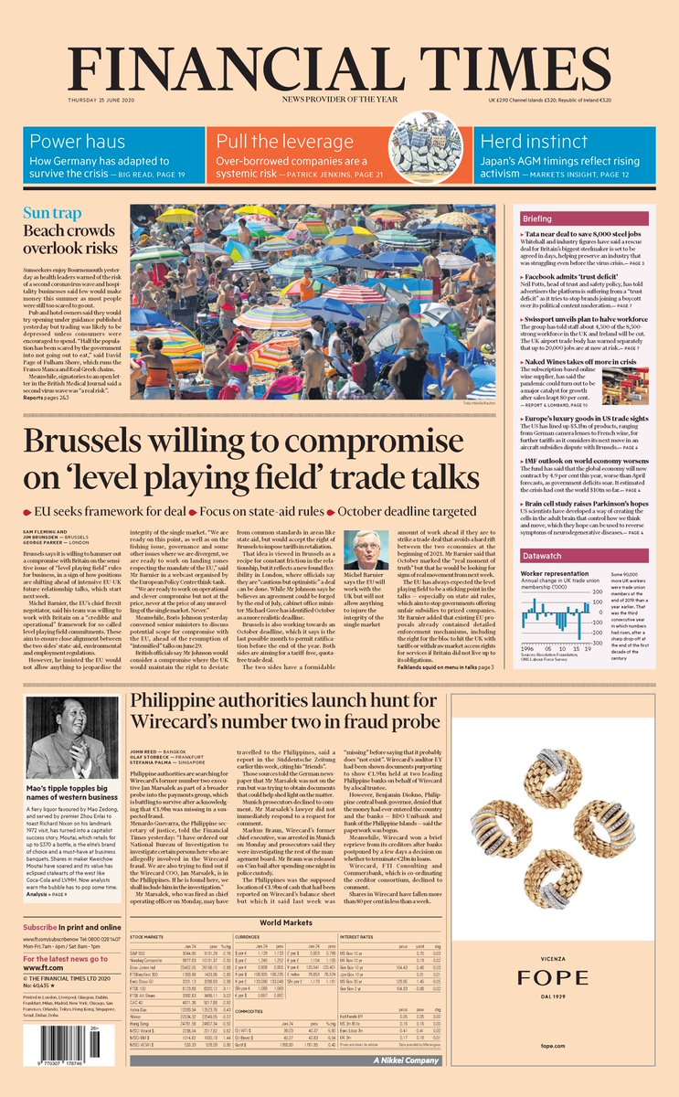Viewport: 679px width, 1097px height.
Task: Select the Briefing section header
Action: [x=563, y=219]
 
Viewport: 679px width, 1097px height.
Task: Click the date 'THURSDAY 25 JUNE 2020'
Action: [x=101, y=98]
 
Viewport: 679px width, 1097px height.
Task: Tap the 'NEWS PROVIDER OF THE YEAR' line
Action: [x=339, y=98]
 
